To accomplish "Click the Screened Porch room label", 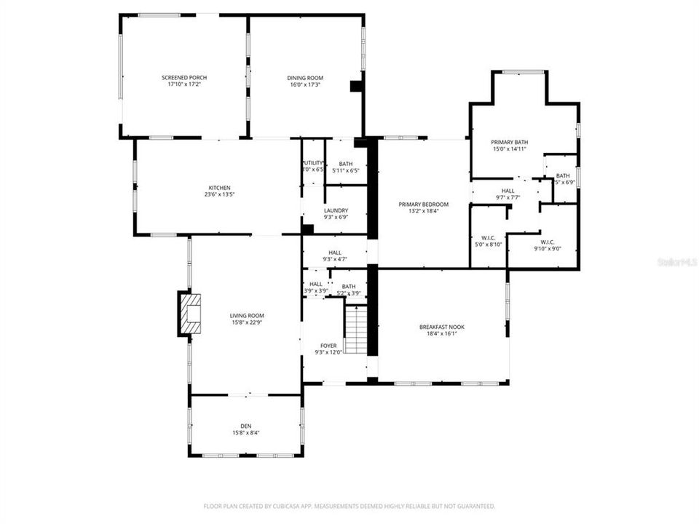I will tap(184, 77).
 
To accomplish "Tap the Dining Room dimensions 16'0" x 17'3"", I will tap(305, 84).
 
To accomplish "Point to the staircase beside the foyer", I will tap(355, 330).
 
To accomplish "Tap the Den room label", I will tap(245, 426).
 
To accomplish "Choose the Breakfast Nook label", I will tap(441, 327).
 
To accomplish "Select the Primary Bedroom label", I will tap(423, 205).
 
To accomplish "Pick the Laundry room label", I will tap(336, 210).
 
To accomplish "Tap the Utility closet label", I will tap(312, 163).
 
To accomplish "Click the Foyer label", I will tap(328, 346).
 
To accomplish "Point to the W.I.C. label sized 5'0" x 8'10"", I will tap(488, 237).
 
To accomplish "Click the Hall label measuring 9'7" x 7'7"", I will tap(508, 191).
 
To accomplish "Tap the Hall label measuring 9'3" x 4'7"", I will tap(335, 253).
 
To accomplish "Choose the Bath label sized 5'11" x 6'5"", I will tap(345, 164).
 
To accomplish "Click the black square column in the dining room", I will tap(355, 86).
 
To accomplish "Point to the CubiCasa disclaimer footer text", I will tap(349, 506).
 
